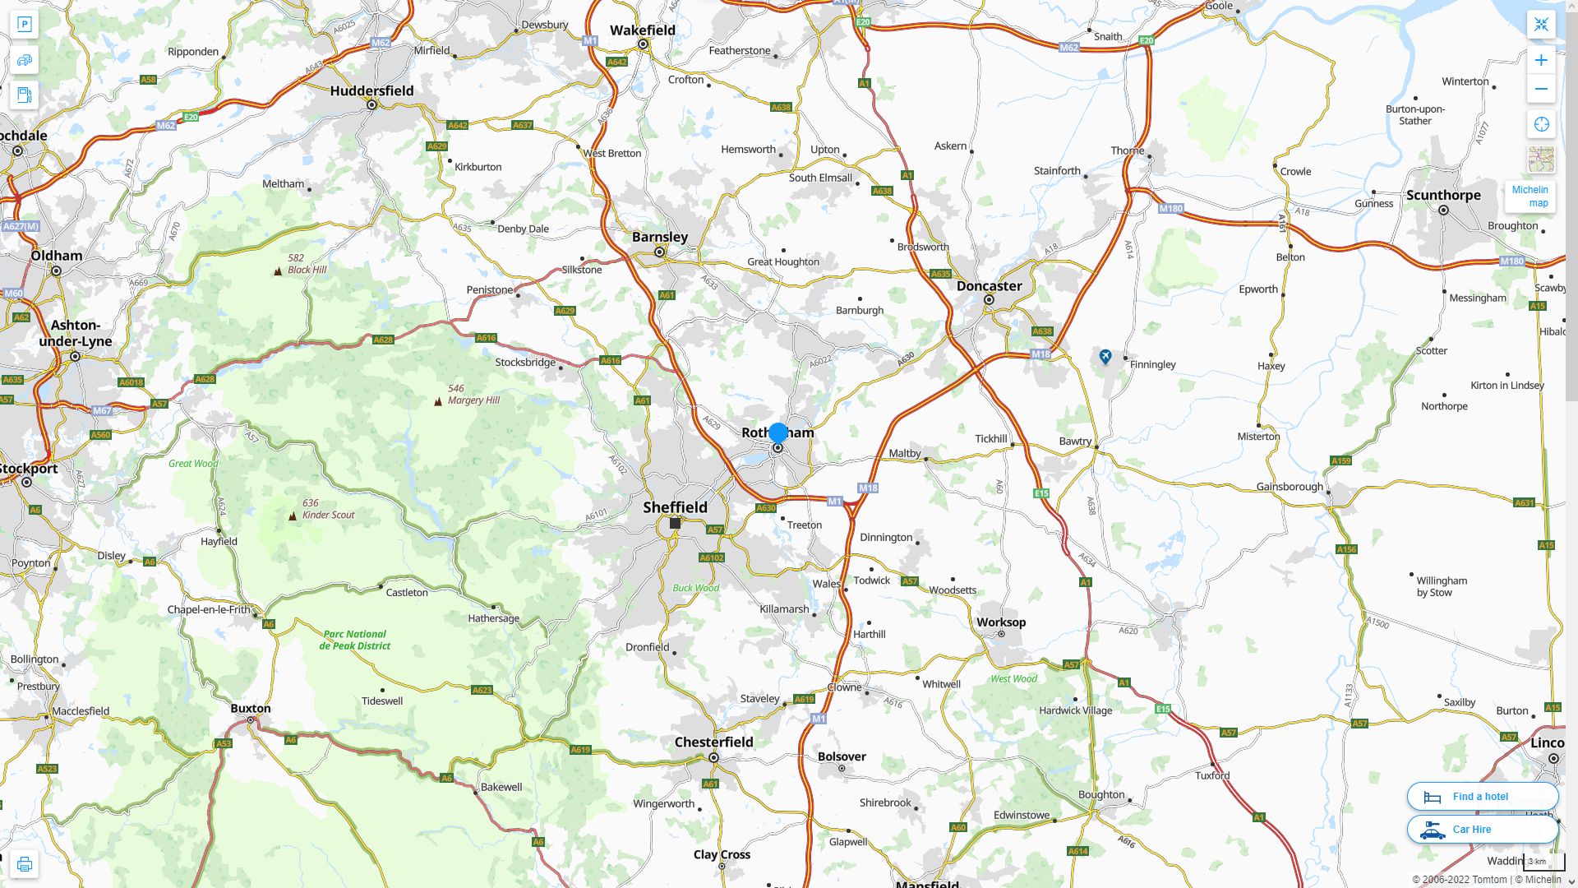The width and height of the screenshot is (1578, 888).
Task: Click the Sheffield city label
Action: (x=675, y=507)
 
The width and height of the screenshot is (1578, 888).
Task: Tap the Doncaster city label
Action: (x=989, y=286)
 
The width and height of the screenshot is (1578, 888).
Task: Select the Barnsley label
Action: (x=659, y=237)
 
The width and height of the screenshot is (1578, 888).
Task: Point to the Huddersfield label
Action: (x=371, y=91)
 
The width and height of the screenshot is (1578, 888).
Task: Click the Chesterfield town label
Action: (x=713, y=742)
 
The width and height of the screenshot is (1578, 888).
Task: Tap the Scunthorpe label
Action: (x=1442, y=195)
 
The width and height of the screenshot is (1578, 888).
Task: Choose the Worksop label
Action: (x=1000, y=622)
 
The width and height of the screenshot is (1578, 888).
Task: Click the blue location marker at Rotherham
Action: (x=777, y=432)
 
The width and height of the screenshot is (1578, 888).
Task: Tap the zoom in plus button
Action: (x=1541, y=60)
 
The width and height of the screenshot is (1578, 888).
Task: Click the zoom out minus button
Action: (x=1541, y=89)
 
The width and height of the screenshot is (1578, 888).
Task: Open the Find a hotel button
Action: (x=1482, y=796)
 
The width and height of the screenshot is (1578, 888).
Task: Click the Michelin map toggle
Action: (x=1530, y=196)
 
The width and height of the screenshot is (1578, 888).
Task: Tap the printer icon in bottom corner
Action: (x=24, y=864)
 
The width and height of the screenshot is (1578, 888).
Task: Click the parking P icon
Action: (x=24, y=24)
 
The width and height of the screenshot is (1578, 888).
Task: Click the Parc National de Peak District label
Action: (x=356, y=640)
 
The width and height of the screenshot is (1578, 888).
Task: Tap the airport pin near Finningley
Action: (x=1105, y=356)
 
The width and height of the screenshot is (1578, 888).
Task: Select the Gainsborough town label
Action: (x=1289, y=487)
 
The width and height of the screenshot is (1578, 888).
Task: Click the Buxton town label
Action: (x=250, y=708)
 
